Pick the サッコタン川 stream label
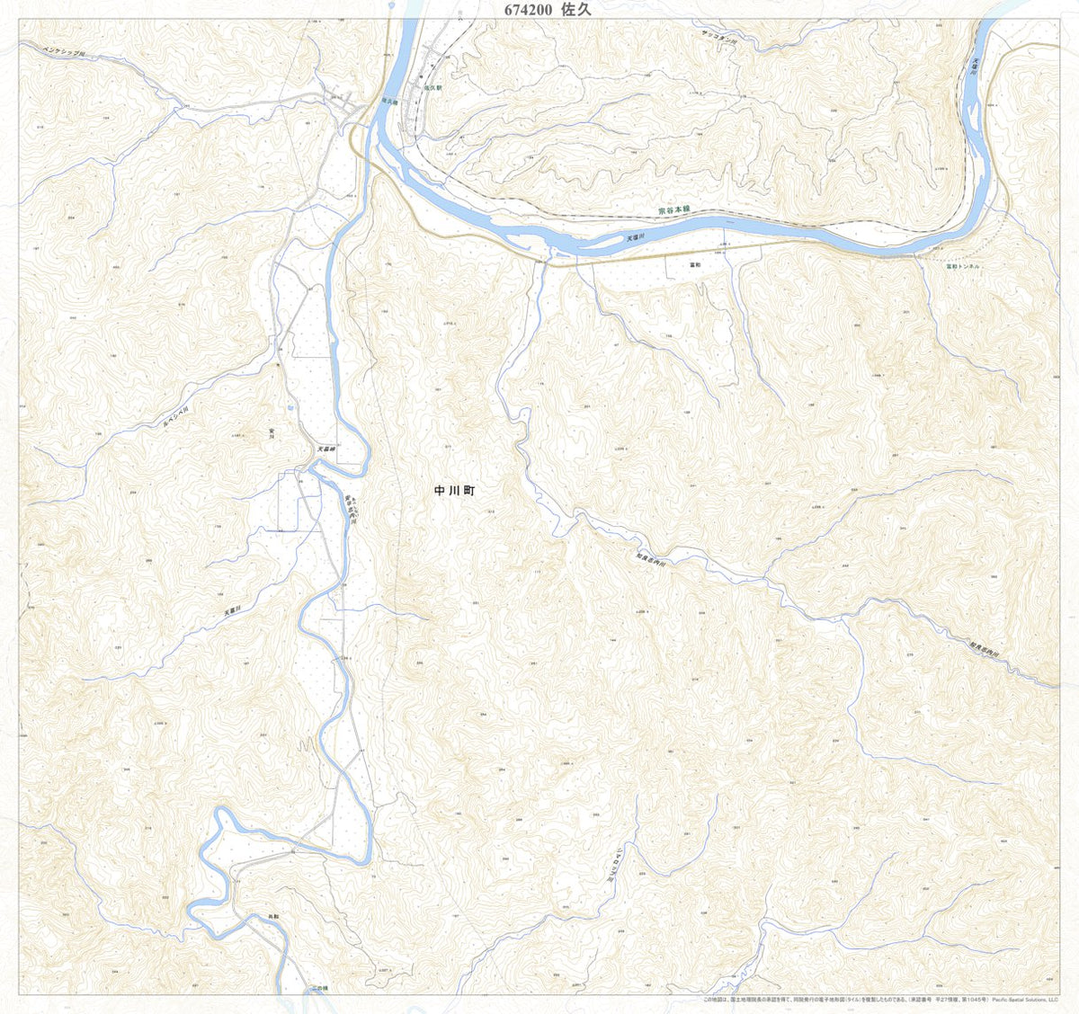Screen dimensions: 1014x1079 click(x=719, y=39)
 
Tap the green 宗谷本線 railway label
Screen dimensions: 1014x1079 click(x=673, y=209)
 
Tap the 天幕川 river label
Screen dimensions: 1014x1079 click(x=231, y=603)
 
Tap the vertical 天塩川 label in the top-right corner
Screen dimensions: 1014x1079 click(x=976, y=67)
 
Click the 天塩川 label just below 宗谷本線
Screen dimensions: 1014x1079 click(x=636, y=238)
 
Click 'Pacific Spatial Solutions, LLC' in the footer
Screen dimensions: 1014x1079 click(x=1025, y=1000)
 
